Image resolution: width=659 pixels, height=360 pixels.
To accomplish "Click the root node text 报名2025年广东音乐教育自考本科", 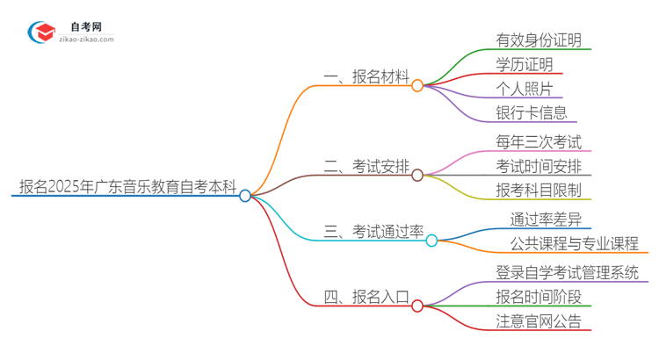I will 127,186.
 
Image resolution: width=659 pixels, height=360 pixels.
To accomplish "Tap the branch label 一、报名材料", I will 366,77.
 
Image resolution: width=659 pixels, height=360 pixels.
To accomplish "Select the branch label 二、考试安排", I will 366,166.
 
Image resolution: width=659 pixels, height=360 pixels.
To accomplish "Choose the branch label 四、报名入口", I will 366,297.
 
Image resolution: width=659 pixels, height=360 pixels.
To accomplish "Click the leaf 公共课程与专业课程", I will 575,242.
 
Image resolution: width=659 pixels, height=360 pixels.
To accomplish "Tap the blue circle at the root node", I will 245,196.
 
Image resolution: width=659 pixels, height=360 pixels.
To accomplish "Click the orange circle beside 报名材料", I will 417,86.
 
